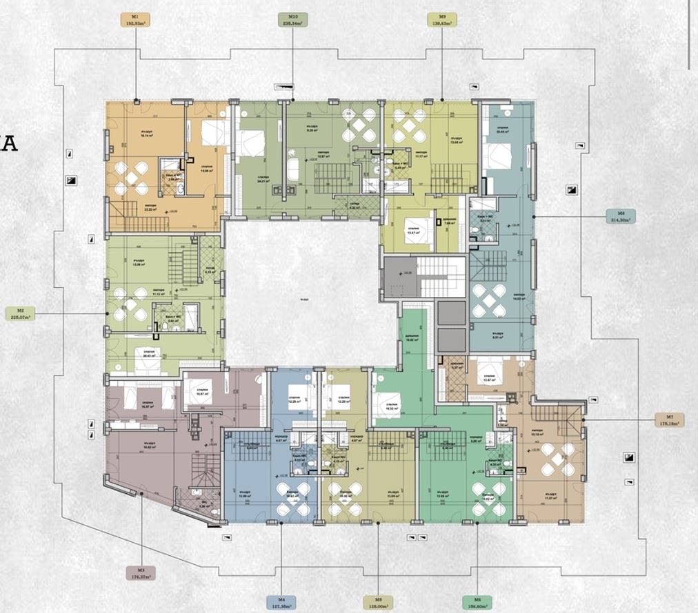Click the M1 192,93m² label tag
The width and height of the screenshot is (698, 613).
(135, 20)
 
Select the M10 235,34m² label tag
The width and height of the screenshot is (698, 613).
(292, 20)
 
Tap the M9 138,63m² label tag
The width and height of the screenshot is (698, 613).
(442, 20)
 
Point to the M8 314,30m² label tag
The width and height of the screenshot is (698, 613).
(620, 216)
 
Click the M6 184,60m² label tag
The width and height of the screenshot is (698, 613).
(477, 603)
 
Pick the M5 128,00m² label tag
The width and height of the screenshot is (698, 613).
(378, 603)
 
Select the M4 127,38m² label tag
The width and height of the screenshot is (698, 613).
(281, 603)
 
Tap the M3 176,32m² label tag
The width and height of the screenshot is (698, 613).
(140, 573)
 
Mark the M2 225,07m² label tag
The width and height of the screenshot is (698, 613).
(21, 314)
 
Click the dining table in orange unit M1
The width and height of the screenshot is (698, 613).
(131, 178)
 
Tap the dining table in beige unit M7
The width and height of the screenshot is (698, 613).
(557, 459)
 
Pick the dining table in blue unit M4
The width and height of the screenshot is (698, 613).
(293, 499)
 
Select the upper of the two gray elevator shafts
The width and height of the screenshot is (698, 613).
(452, 314)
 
